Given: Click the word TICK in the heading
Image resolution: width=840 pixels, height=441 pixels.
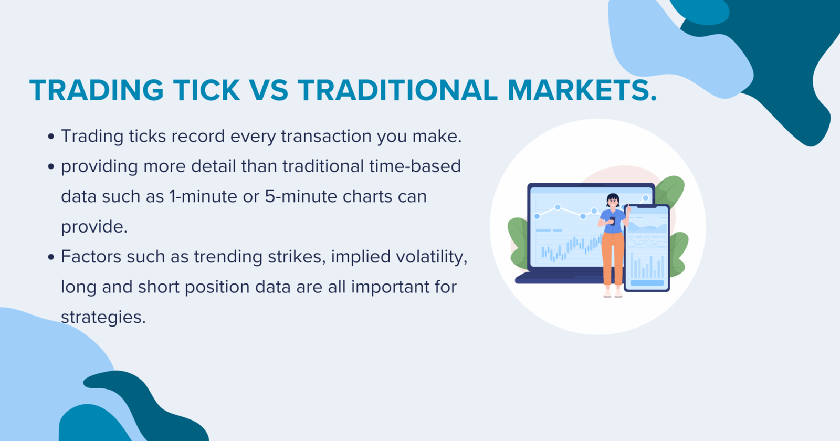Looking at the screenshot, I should (x=206, y=90).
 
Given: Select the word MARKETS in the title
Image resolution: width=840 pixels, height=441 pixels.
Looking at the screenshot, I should (x=582, y=90).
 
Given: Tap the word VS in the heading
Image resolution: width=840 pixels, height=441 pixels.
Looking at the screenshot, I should (x=269, y=90).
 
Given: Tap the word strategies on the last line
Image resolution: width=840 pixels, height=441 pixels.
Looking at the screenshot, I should (x=103, y=318).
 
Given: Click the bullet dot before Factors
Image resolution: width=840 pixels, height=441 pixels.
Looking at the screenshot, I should (x=51, y=257).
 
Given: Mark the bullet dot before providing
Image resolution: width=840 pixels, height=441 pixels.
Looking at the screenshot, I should (x=51, y=167).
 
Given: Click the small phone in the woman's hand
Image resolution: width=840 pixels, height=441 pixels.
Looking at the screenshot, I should (x=612, y=221).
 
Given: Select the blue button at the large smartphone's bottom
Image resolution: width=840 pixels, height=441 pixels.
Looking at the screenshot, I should (x=647, y=283).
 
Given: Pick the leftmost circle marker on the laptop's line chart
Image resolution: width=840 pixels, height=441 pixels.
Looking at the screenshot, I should (x=537, y=216).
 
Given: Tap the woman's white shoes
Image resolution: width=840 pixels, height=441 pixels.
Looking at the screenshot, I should (x=613, y=295).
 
